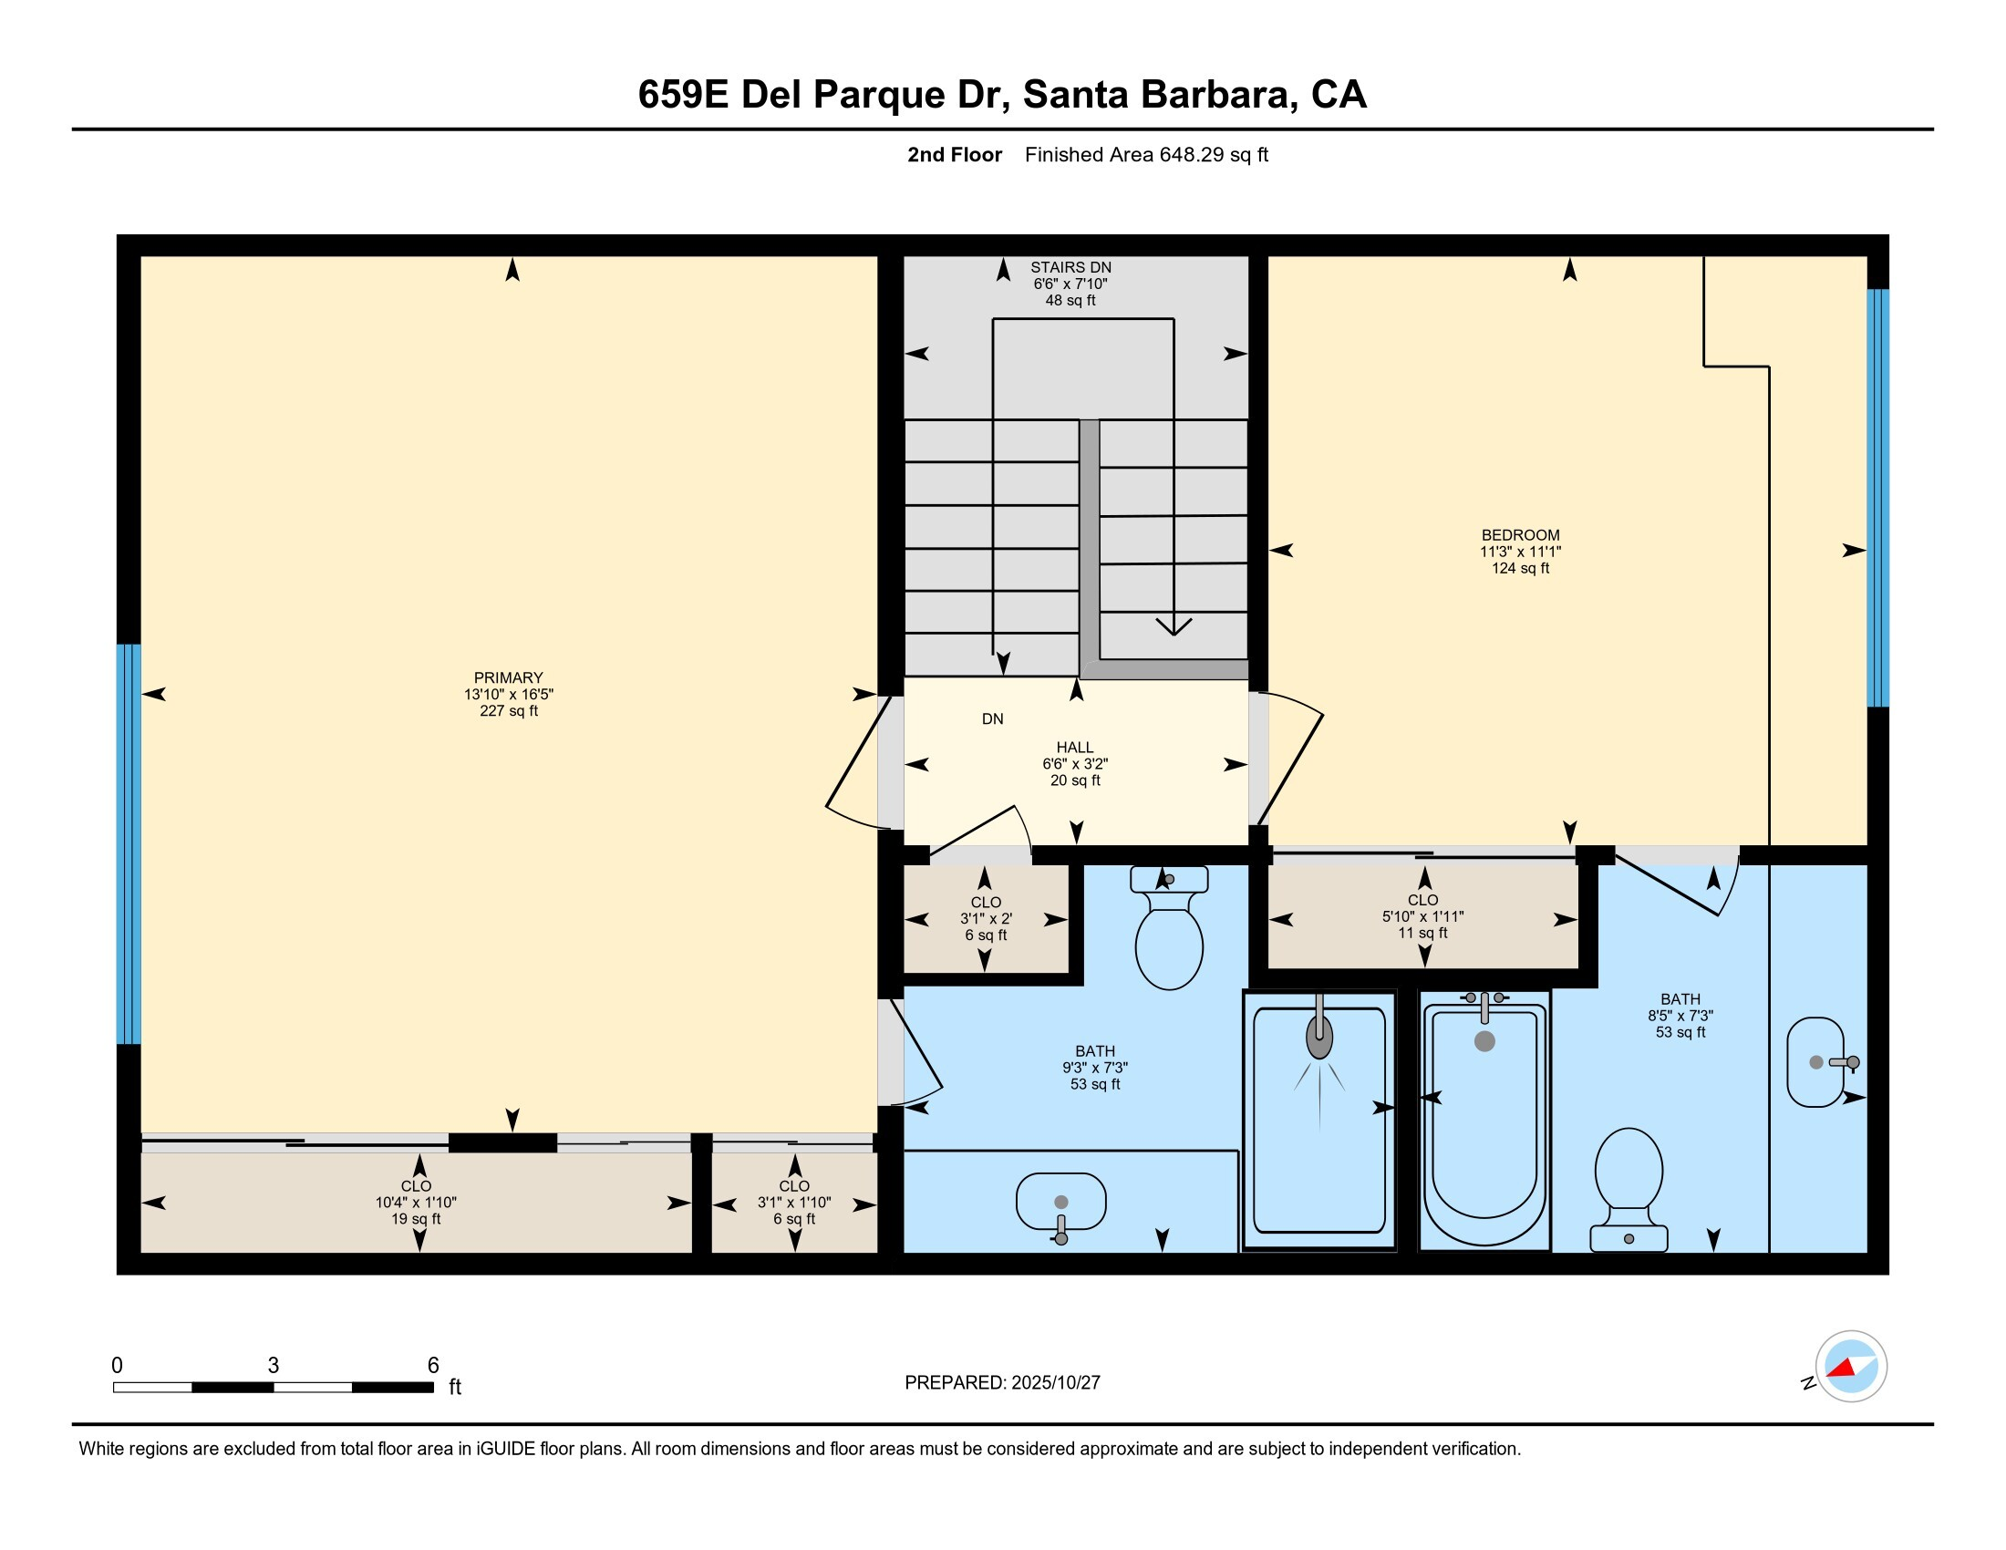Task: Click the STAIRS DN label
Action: pyautogui.click(x=1070, y=268)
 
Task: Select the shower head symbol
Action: pyautogui.click(x=1319, y=1038)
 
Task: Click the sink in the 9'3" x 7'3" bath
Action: pyautogui.click(x=1060, y=1204)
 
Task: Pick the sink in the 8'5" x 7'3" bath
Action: pyautogui.click(x=1815, y=1062)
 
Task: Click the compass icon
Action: pyautogui.click(x=1851, y=1367)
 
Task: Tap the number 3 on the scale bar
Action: pyautogui.click(x=273, y=1366)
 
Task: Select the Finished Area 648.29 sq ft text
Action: pyautogui.click(x=1146, y=155)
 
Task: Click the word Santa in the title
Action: pyautogui.click(x=1075, y=95)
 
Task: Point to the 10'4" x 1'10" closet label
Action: pyautogui.click(x=415, y=1202)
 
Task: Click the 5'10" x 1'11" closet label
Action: pyautogui.click(x=1422, y=916)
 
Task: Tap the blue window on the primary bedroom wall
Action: pyautogui.click(x=129, y=844)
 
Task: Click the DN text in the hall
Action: pyautogui.click(x=992, y=719)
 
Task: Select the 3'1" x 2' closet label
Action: pyautogui.click(x=986, y=918)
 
